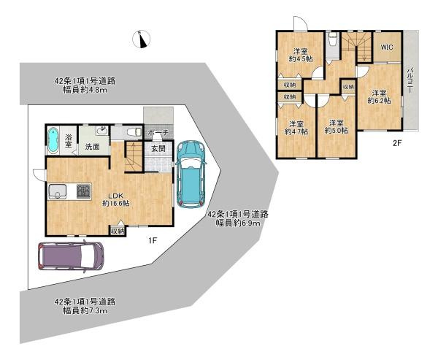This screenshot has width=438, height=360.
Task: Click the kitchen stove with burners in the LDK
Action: (x=81, y=192)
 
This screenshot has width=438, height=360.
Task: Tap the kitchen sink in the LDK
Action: (x=58, y=192)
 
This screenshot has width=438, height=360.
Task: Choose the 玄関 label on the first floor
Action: (x=158, y=148)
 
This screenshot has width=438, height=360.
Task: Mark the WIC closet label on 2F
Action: (x=387, y=47)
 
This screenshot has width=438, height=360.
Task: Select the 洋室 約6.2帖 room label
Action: (x=377, y=96)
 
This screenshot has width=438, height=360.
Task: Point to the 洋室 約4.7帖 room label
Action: (x=296, y=127)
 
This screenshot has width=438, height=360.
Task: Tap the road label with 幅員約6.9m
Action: (x=238, y=218)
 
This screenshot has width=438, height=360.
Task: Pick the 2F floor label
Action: (x=397, y=143)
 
